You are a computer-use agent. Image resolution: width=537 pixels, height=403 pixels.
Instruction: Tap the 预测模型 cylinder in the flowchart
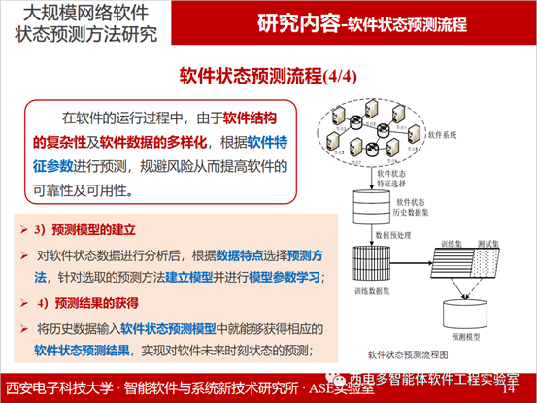[x=465, y=313]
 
